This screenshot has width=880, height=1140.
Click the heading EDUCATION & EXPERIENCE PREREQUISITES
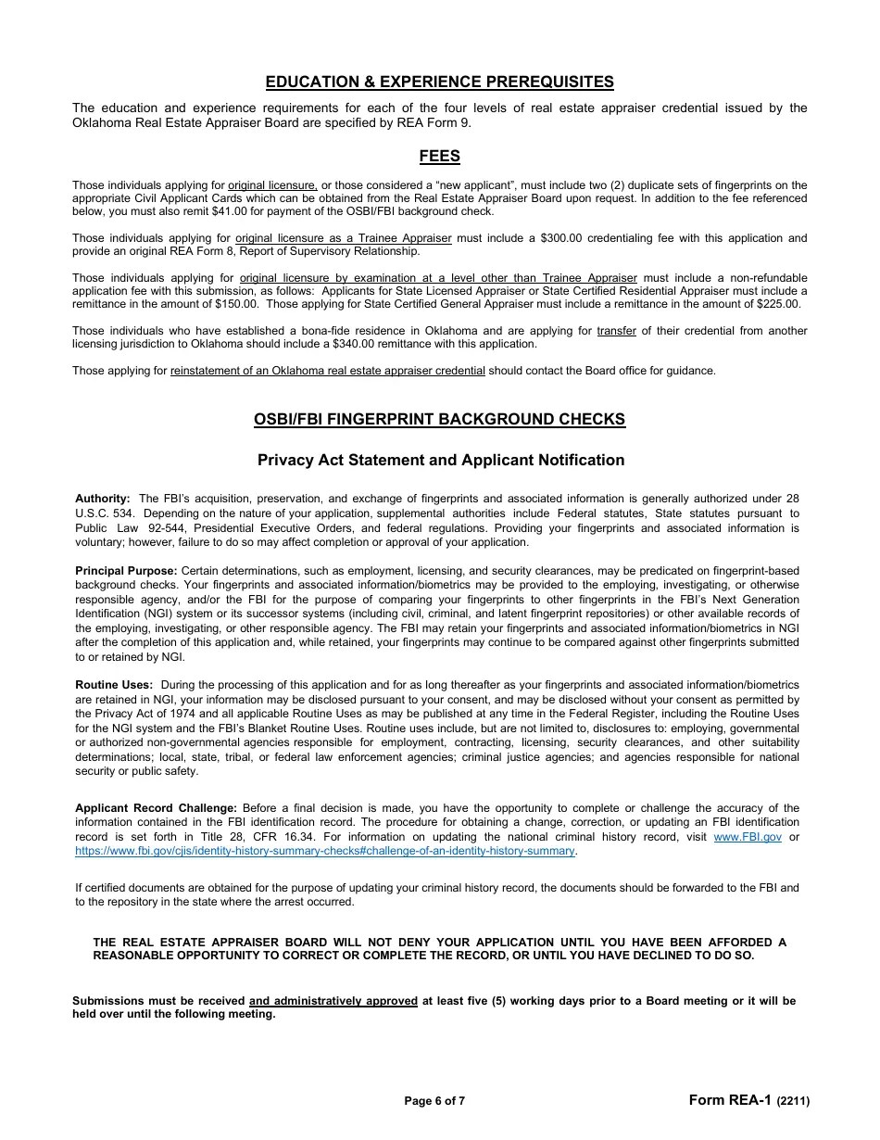coord(439,82)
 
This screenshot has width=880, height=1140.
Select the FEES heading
coord(439,157)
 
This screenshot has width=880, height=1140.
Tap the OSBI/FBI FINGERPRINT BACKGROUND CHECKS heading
coord(439,419)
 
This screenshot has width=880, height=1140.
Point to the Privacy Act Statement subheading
coord(440,460)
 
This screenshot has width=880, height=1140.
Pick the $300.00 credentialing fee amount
coord(574,238)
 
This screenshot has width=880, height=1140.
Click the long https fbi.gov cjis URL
coord(325,850)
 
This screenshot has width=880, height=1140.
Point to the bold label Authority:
coord(103,499)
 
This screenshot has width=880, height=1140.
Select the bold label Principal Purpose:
coord(126,571)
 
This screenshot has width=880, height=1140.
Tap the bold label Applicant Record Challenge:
coord(156,808)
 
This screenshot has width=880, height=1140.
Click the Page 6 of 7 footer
coord(434,1101)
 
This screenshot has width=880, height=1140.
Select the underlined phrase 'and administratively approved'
coord(333,1001)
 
